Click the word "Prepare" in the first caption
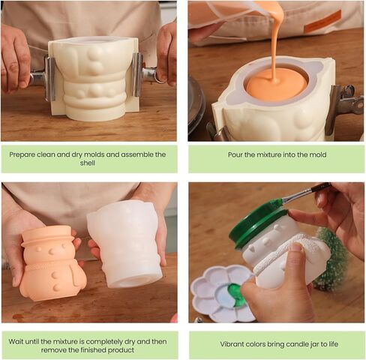pyautogui.click(x=22, y=154)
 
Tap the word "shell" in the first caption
pyautogui.click(x=88, y=163)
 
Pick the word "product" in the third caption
pyautogui.click(x=121, y=350)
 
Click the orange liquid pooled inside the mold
pyautogui.click(x=276, y=84)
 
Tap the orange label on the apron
pyautogui.click(x=322, y=21)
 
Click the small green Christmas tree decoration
pyautogui.click(x=331, y=260)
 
